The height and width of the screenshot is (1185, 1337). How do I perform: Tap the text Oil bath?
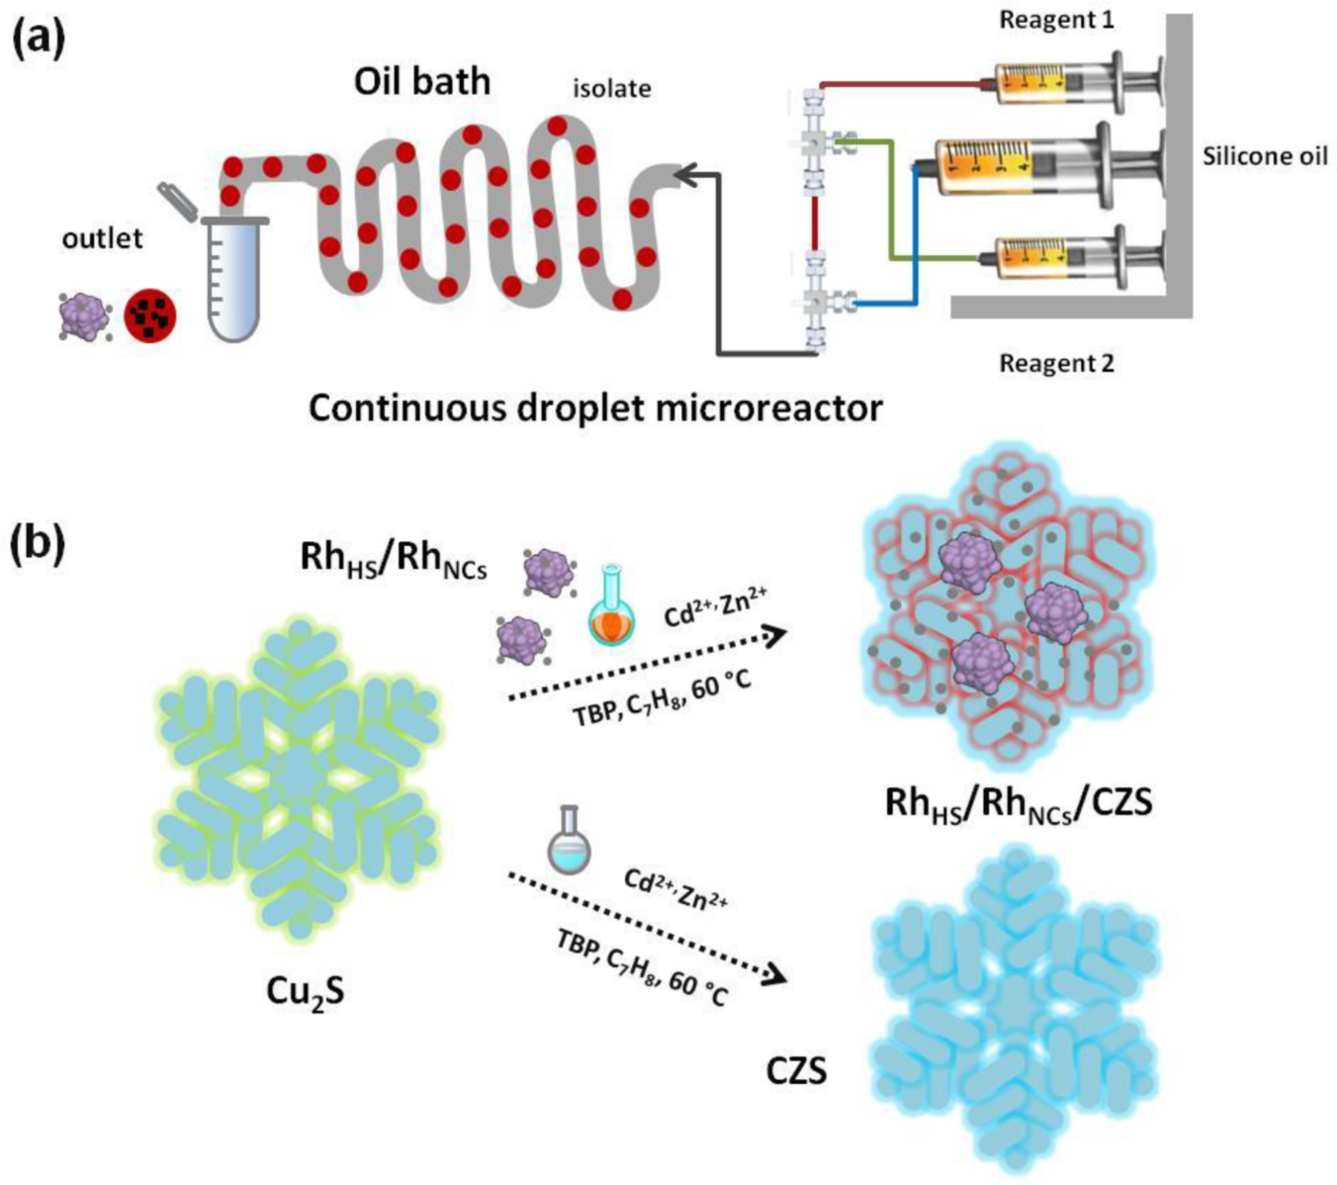point(422,81)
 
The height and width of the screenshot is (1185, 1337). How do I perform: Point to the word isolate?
point(612,89)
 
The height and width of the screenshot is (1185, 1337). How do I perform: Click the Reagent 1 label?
point(1056,20)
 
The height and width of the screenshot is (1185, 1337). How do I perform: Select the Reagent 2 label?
point(1056,363)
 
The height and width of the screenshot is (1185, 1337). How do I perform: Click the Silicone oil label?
point(1265,156)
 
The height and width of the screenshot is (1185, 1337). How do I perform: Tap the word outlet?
point(102,238)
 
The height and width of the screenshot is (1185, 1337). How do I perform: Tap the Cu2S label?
point(306,990)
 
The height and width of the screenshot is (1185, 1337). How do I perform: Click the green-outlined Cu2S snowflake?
point(297,776)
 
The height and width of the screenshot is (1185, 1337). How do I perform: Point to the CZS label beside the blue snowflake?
point(797,1070)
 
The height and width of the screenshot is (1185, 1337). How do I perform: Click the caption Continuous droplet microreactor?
point(595,408)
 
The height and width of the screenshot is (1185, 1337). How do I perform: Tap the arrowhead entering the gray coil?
point(684,175)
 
